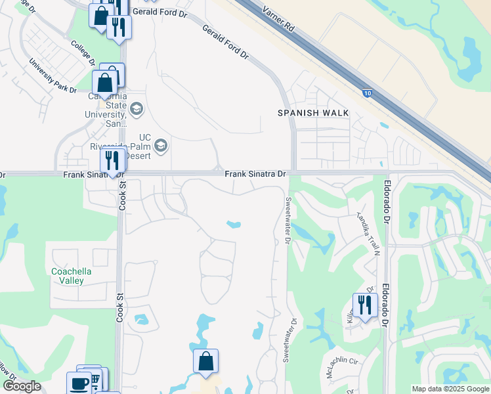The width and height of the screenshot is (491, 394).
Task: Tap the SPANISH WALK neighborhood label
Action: click(x=313, y=113)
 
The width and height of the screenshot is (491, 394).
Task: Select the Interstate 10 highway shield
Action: click(x=366, y=93)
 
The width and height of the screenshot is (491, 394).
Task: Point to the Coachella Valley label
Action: click(x=72, y=276)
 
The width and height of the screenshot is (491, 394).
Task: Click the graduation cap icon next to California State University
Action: click(x=137, y=108)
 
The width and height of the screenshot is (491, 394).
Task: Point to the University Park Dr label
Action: click(x=53, y=76)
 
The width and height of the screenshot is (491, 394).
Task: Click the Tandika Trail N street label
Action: click(x=368, y=225)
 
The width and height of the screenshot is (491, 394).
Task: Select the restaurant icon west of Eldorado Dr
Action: click(x=365, y=305)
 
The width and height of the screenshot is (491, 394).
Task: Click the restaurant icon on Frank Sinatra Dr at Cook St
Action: click(x=112, y=160)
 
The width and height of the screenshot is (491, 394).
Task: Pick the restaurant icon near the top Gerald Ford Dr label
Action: click(x=119, y=27)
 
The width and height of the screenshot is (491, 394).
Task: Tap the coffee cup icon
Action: click(x=80, y=383)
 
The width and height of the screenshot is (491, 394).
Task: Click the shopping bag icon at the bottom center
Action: click(x=205, y=361)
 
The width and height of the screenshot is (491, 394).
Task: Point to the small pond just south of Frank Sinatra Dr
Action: click(x=233, y=225)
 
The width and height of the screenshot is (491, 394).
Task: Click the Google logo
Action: click(x=22, y=386)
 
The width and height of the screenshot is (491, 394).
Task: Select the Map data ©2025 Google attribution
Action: click(x=450, y=389)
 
